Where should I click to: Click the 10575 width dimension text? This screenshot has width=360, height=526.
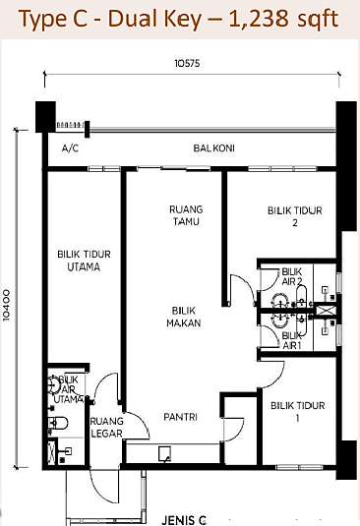click(187, 63)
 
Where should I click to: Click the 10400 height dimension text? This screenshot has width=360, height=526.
click(7, 305)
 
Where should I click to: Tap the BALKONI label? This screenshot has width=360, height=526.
click(213, 147)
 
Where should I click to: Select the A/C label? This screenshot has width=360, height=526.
click(70, 148)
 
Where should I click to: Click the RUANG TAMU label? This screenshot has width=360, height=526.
click(186, 215)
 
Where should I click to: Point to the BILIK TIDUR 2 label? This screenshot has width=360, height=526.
click(294, 216)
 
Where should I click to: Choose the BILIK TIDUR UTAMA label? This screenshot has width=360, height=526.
click(84, 261)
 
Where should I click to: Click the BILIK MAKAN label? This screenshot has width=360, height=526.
click(184, 317)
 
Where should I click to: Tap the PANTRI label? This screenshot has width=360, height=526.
click(181, 417)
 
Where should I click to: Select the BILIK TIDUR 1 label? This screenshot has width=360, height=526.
click(298, 412)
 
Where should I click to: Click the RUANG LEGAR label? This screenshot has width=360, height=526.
click(106, 427)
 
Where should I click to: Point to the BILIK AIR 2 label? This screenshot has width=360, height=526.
click(292, 276)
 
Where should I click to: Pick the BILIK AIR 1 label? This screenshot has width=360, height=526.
click(291, 340)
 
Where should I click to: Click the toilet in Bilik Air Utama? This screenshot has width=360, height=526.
click(58, 424)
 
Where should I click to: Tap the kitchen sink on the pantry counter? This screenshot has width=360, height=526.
click(164, 454)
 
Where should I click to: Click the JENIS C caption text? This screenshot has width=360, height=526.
click(184, 520)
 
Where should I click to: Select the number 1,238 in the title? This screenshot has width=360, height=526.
click(259, 18)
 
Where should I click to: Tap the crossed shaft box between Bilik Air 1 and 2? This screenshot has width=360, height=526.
click(324, 310)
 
